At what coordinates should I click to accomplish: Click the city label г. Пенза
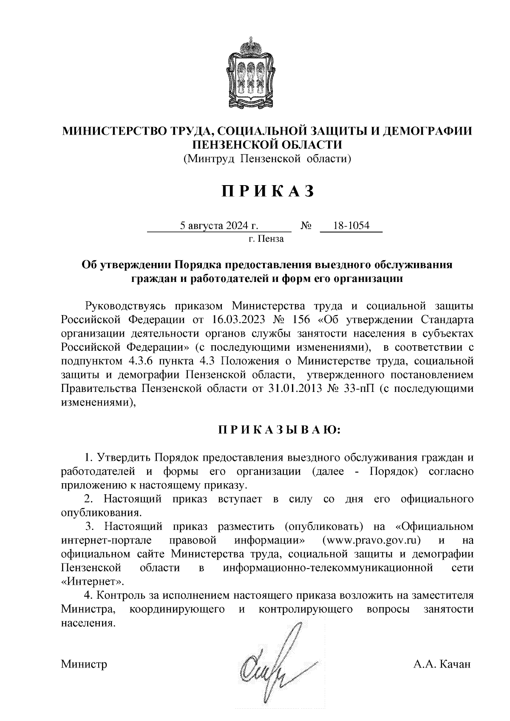pos(266,239)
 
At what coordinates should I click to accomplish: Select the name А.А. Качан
pos(442,664)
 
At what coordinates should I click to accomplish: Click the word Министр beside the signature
pos(84,664)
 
